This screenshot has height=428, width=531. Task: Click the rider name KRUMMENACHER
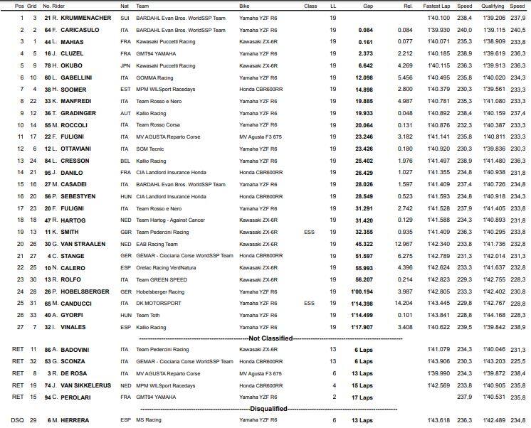point(81,18)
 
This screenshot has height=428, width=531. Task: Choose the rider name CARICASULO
point(77,30)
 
